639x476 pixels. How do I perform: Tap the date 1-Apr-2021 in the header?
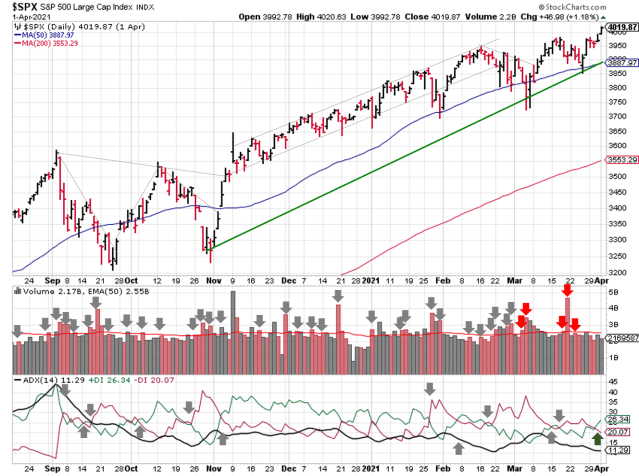click(26, 17)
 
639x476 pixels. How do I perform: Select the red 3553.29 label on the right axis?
click(619, 160)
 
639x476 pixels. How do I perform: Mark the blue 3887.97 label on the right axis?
click(619, 61)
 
